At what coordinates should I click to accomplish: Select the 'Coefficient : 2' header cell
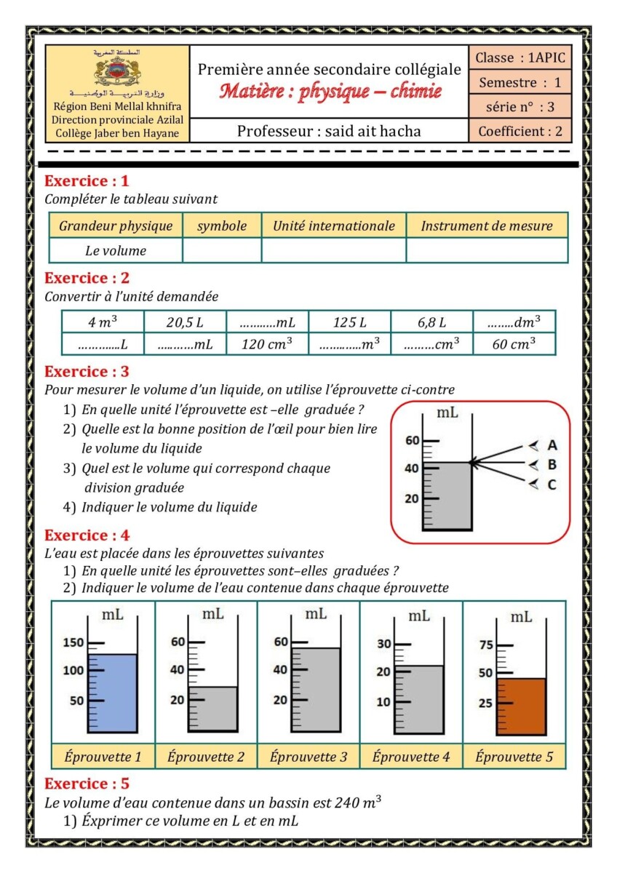[520, 132]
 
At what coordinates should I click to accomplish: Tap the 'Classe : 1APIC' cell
[520, 57]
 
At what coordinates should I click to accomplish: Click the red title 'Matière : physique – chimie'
[330, 92]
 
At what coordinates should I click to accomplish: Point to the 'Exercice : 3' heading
[87, 372]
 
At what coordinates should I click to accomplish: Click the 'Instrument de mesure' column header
[487, 226]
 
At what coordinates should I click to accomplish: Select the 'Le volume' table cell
[116, 251]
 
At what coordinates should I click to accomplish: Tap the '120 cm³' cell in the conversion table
[267, 344]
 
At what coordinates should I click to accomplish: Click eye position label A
[552, 445]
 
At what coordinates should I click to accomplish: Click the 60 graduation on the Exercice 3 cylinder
[413, 441]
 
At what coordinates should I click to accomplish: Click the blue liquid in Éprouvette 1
[112, 693]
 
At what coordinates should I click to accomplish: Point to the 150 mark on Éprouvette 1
[75, 642]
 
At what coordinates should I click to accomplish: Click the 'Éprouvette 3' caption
[308, 757]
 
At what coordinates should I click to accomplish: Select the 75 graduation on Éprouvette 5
[486, 645]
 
